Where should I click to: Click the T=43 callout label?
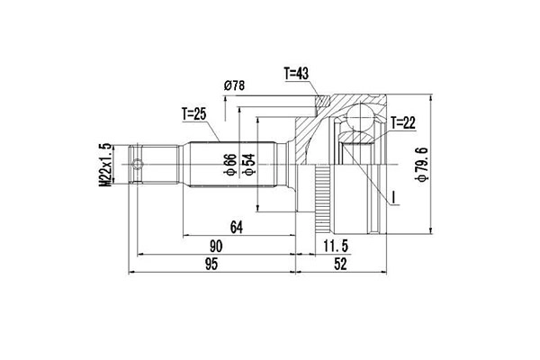296,74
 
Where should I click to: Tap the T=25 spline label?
194,114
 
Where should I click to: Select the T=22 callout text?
403,122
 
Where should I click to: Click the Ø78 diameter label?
234,85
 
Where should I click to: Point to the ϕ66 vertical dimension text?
230,165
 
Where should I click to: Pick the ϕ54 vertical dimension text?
249,165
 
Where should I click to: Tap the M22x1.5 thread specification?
105,165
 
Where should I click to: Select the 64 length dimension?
237,228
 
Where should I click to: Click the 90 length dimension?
216,247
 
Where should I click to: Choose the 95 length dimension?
211,265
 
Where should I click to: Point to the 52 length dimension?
340,265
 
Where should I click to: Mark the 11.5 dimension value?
336,247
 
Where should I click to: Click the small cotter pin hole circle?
138,164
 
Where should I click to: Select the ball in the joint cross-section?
361,117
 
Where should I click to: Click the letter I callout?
395,197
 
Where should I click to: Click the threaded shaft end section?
153,165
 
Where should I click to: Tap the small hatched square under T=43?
323,101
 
